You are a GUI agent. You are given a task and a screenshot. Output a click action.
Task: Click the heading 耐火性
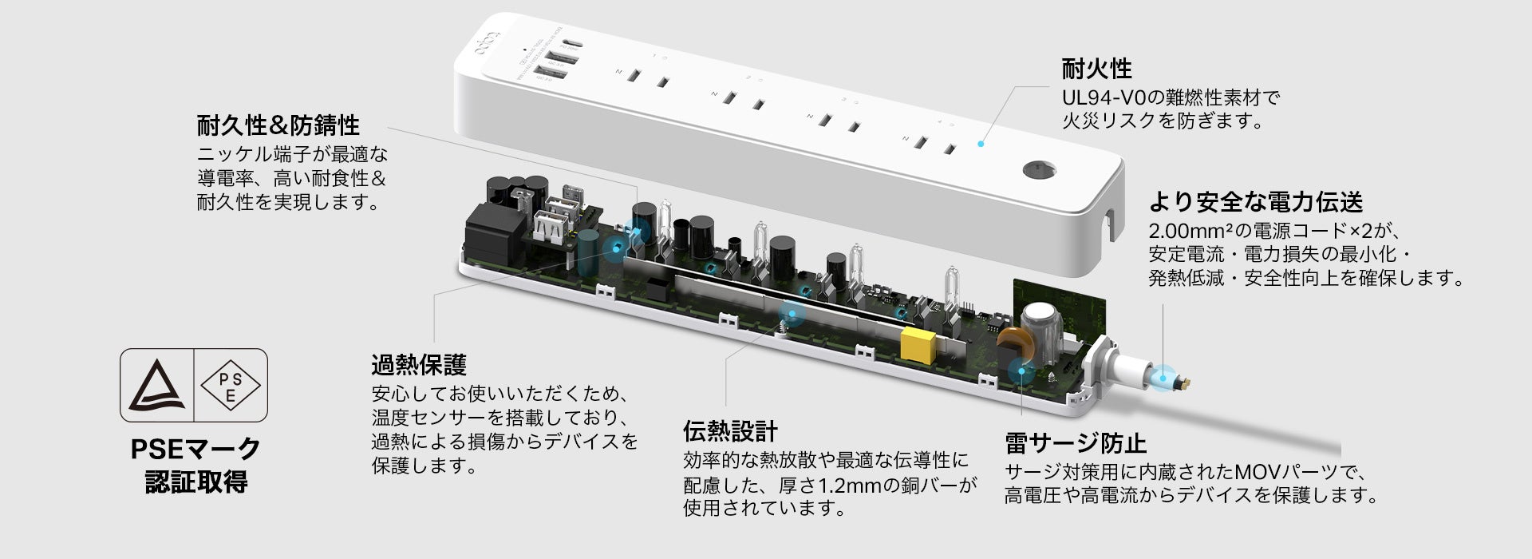(x=1096, y=69)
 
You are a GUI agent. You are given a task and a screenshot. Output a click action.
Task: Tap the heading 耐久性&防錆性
(x=278, y=125)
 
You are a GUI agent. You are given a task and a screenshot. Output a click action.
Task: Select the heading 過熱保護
(x=418, y=366)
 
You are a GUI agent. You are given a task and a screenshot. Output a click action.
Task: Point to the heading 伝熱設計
(x=730, y=431)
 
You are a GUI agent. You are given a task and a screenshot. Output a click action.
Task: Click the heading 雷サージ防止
(x=1075, y=443)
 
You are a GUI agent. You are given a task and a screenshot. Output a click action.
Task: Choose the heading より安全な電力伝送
(x=1255, y=202)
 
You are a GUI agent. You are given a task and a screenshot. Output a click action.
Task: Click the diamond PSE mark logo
(x=231, y=385)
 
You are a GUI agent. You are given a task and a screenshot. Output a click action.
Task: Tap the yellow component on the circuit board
(x=917, y=344)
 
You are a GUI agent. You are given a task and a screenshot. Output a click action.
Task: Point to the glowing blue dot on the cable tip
(x=1165, y=375)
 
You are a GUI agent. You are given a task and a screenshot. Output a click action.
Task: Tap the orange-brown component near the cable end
(x=1010, y=346)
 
